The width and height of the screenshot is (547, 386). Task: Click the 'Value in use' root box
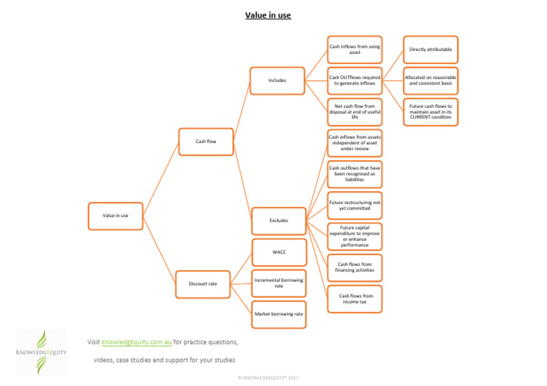click(115, 215)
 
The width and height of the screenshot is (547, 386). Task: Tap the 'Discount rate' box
click(202, 284)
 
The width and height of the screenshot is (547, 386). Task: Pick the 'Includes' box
click(277, 80)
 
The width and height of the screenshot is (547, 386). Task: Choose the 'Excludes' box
click(278, 220)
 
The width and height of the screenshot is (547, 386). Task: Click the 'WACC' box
click(278, 252)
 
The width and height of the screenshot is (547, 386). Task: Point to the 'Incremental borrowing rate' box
click(278, 283)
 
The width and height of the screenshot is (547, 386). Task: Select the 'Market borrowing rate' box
click(278, 313)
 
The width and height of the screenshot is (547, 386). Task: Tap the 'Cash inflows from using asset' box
click(355, 49)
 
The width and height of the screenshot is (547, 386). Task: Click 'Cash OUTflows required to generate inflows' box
click(355, 80)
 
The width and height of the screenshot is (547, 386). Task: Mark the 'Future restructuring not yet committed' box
click(355, 205)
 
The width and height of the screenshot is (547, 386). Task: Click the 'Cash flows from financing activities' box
click(355, 267)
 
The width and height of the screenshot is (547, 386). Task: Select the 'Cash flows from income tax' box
click(355, 299)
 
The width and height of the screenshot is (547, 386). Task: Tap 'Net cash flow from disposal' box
click(355, 112)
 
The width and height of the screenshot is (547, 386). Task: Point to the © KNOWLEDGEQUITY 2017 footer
click(268, 377)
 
